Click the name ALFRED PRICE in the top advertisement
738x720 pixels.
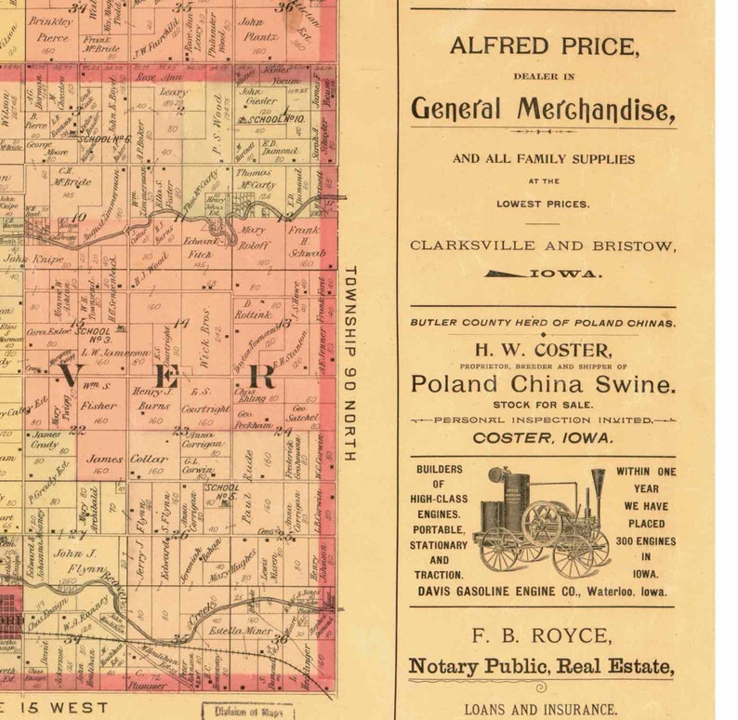tap(543, 46)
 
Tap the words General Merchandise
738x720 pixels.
tap(543, 110)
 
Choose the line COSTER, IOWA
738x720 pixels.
tap(543, 437)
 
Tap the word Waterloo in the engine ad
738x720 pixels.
tap(608, 591)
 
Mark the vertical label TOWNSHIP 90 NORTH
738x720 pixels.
tap(350, 364)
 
